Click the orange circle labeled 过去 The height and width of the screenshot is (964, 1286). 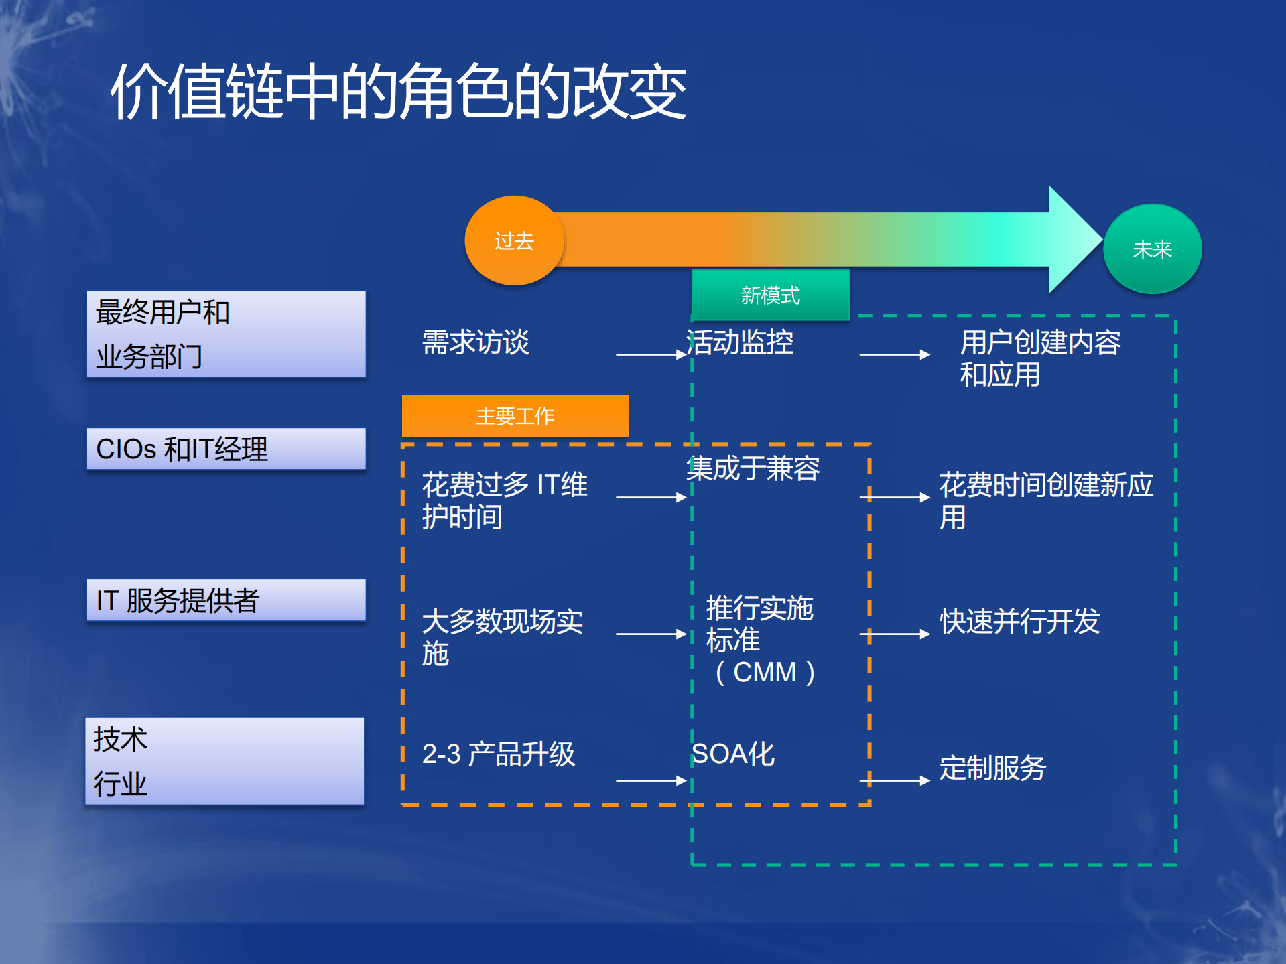click(x=514, y=240)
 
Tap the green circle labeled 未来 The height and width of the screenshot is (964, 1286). click(x=1152, y=249)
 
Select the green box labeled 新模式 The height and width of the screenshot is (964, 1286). click(x=770, y=295)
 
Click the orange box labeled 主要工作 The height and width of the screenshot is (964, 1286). click(x=515, y=416)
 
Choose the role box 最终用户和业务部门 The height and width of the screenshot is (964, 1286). click(x=226, y=334)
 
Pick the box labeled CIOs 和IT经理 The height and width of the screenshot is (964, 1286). click(x=226, y=449)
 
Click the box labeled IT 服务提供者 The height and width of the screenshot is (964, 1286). click(x=226, y=600)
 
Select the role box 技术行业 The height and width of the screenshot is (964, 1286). click(x=224, y=761)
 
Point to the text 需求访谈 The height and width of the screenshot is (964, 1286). click(x=475, y=342)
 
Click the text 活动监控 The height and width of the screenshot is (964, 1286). click(x=740, y=342)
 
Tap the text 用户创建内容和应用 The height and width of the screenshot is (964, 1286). click(x=1039, y=358)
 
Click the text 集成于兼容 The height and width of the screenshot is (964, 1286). click(x=753, y=468)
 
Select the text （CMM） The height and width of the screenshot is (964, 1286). click(x=765, y=672)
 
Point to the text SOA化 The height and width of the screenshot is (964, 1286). click(x=733, y=754)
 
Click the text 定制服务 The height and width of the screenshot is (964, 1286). click(x=992, y=768)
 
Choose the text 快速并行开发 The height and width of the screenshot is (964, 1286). click(x=1019, y=622)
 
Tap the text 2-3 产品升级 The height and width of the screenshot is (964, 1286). click(x=499, y=754)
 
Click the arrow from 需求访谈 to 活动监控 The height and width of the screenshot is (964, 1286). click(x=651, y=354)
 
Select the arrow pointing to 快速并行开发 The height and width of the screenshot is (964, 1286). click(x=895, y=634)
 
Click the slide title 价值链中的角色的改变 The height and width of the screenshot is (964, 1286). click(x=399, y=92)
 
